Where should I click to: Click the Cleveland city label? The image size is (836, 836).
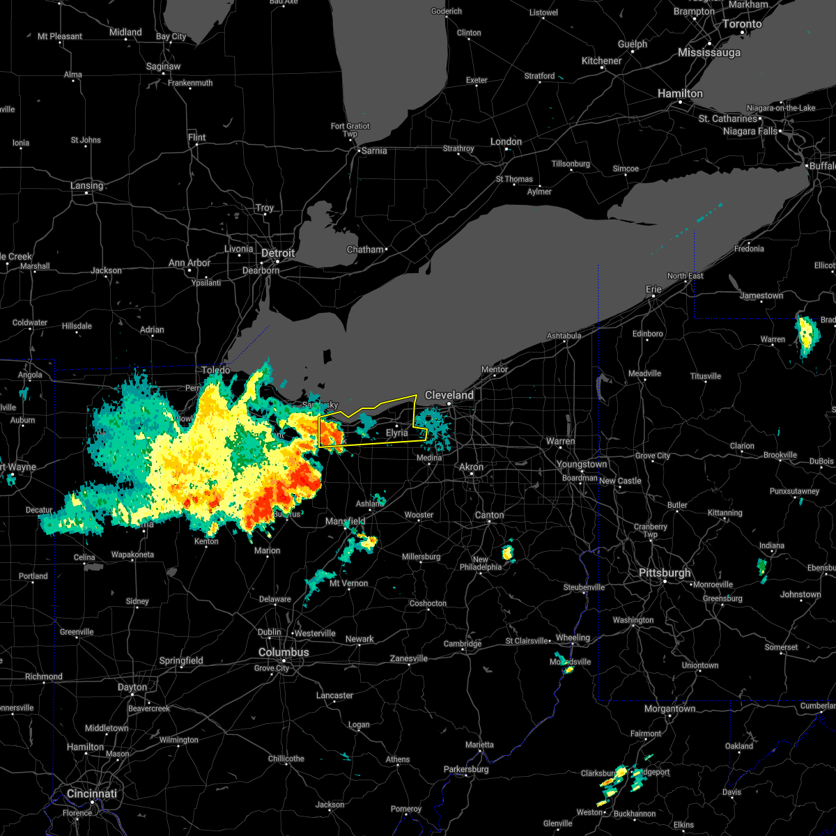point(449,395)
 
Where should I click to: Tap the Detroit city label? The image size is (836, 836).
point(279,253)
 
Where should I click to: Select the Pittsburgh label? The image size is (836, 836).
point(665,573)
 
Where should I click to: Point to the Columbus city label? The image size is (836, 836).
point(284,652)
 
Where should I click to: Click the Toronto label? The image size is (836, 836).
point(741,24)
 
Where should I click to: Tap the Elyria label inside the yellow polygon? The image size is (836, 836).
point(397,433)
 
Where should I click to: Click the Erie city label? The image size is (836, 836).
point(653,289)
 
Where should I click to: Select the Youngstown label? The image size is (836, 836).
point(581,465)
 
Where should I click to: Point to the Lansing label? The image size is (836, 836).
point(86,186)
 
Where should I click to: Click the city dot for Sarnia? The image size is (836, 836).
point(358,150)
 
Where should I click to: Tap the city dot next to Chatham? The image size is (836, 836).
point(386,249)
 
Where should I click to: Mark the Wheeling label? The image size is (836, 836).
point(573,638)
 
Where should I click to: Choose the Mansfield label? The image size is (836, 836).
point(346,521)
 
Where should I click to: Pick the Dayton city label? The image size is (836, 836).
point(132,687)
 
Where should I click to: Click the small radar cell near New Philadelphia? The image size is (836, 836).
point(507,553)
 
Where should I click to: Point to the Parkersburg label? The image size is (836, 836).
point(466,769)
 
